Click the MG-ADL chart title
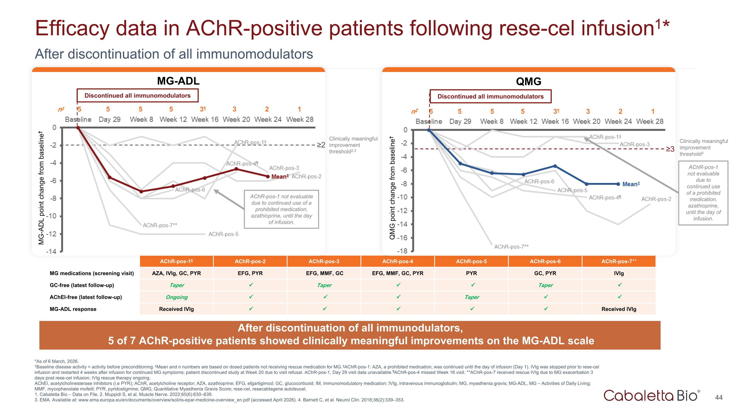point(178,81)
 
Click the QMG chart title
point(528,82)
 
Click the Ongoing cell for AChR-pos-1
point(177,297)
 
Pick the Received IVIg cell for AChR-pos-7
point(619,309)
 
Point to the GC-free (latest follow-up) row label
point(82,285)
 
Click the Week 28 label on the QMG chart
point(650,121)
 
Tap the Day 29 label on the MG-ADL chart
point(109,119)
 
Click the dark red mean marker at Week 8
point(141,191)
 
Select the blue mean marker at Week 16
point(555,166)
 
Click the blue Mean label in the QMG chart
point(631,184)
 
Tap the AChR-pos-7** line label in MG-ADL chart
point(160,225)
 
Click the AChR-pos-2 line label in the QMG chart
point(656,199)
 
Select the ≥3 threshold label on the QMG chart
point(670,149)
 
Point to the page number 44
point(719,397)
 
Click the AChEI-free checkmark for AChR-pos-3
point(325,297)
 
